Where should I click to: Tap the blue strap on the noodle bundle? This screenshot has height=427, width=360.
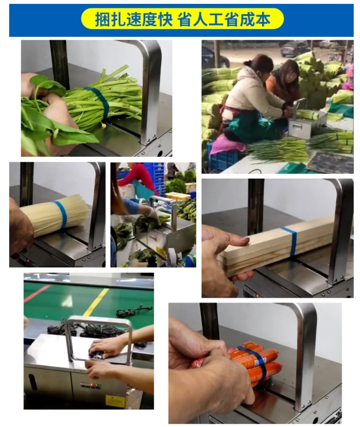click(61, 214)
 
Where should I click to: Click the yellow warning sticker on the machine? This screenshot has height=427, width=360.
click(115, 400)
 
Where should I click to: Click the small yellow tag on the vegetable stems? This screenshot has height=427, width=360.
click(103, 125)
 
